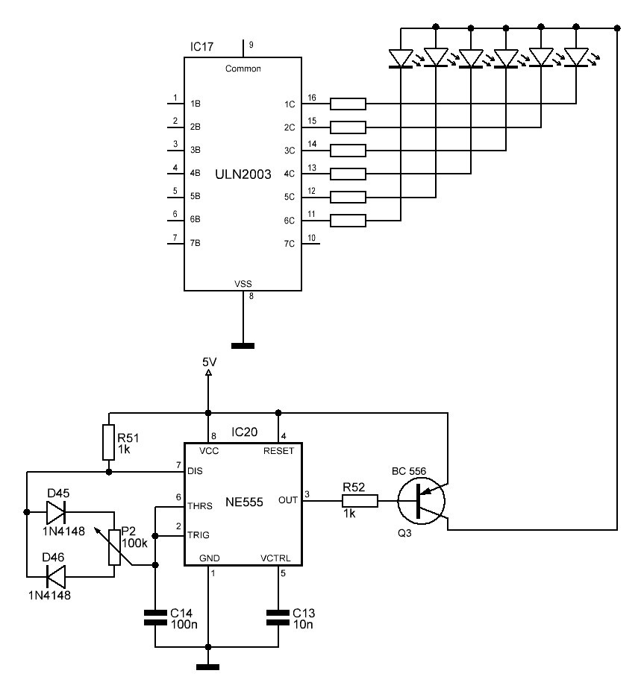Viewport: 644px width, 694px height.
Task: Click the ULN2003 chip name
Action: (243, 174)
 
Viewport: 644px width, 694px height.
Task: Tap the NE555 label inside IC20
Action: (244, 502)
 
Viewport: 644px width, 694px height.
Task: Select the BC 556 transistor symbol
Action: (421, 501)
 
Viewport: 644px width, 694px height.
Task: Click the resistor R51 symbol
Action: (109, 442)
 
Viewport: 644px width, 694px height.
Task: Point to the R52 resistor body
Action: (360, 501)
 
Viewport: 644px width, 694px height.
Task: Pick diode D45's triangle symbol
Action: (56, 513)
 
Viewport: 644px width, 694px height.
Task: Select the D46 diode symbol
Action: (56, 577)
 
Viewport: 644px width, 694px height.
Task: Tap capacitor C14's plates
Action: (155, 617)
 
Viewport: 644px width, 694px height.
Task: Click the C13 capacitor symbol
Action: (278, 617)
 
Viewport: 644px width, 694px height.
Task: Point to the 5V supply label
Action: (209, 362)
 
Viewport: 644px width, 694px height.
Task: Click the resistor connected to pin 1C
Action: (348, 104)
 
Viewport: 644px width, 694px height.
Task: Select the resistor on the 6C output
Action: (348, 220)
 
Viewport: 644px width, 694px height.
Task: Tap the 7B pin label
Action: (195, 243)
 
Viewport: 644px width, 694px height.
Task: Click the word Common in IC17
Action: (243, 69)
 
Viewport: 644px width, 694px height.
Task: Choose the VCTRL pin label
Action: (275, 558)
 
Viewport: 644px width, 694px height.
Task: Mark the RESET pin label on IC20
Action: (279, 451)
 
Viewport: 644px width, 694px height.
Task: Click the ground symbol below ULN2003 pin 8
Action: (243, 346)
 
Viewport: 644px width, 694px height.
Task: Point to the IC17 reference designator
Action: (201, 46)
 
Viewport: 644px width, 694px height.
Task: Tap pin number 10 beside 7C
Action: (312, 238)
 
